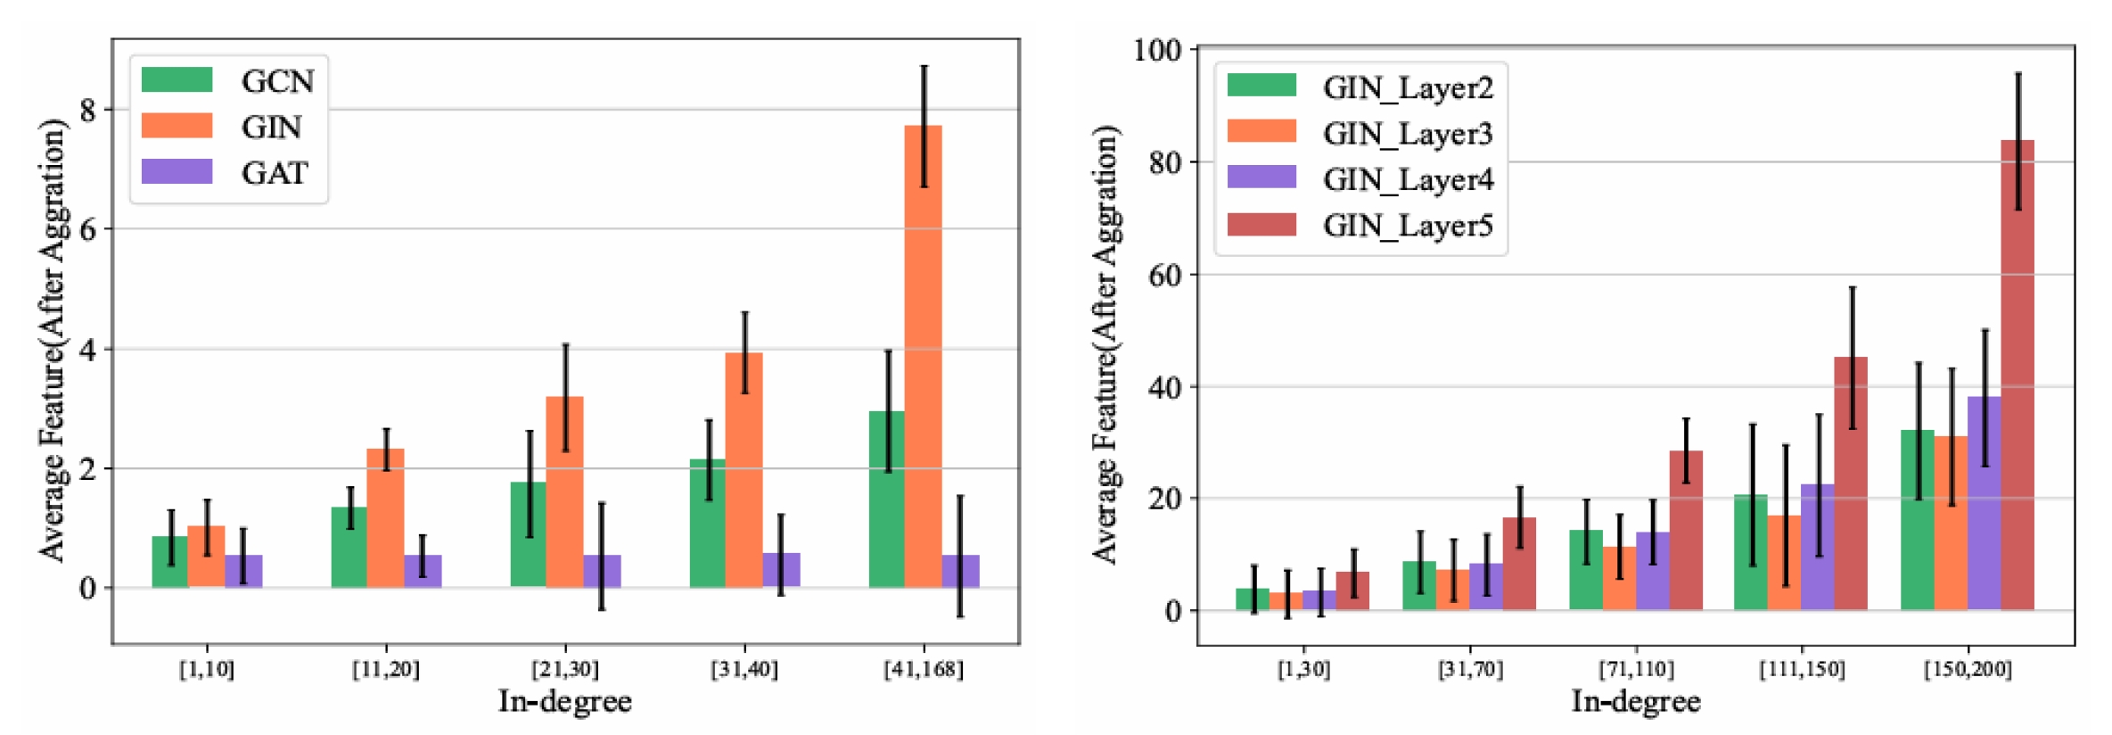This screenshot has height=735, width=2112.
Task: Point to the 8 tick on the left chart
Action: (87, 111)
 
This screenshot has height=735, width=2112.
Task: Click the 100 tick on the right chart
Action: (1157, 50)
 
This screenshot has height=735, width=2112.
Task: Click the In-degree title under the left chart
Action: (564, 702)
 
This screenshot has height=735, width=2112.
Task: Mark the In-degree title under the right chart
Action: (1635, 702)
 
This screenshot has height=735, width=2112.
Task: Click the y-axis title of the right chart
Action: (1105, 344)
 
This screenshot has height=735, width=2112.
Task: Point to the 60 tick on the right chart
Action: (1164, 276)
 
